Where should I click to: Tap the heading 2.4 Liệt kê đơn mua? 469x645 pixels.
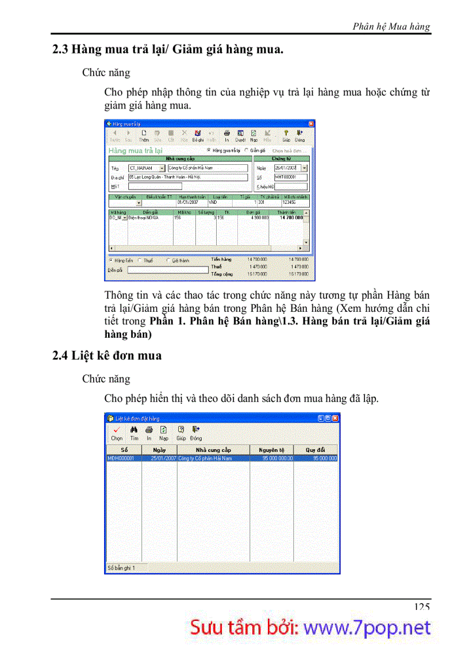(x=107, y=356)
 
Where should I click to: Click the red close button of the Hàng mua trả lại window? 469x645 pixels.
(x=311, y=123)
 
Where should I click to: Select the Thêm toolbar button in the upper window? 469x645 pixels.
(x=143, y=136)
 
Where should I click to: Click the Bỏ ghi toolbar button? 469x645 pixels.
(x=198, y=136)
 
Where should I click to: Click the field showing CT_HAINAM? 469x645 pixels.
(x=143, y=168)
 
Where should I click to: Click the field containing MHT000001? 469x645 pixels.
(x=291, y=177)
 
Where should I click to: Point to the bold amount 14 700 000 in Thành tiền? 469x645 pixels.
(x=291, y=218)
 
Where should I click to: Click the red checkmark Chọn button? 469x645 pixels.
(x=117, y=432)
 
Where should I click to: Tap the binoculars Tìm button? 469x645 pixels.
(x=134, y=432)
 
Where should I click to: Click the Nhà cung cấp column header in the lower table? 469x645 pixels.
(x=213, y=450)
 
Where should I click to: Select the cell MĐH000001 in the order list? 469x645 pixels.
(x=124, y=458)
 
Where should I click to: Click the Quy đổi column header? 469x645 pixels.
(x=316, y=450)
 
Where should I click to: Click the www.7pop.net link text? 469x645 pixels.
(x=367, y=628)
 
